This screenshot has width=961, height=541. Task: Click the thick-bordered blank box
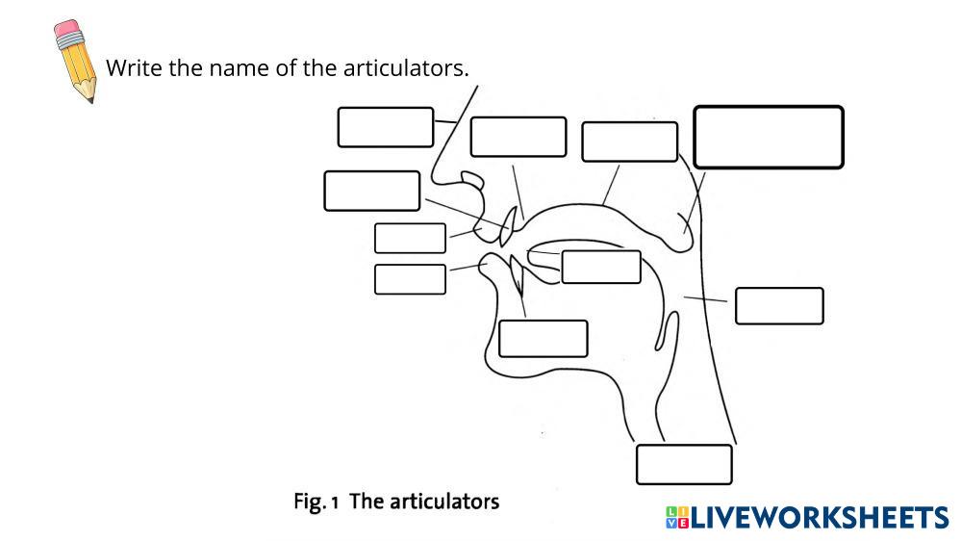coord(769,137)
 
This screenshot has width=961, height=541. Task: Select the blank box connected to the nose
coord(385,127)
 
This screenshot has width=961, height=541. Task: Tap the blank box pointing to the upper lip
coord(410,238)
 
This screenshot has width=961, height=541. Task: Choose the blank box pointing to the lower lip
coord(410,279)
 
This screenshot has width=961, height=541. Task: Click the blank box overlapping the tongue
coord(600,267)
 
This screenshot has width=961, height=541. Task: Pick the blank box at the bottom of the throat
coord(684,464)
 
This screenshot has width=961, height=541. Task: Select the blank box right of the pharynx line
coord(779,305)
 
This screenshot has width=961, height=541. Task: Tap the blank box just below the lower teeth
coord(543,338)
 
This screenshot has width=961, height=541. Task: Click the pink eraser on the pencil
coord(67,36)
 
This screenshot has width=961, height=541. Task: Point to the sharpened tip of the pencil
coord(89,97)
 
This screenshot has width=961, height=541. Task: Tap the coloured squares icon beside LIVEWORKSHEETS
coord(676,518)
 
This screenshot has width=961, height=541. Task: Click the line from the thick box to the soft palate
coord(695,202)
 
